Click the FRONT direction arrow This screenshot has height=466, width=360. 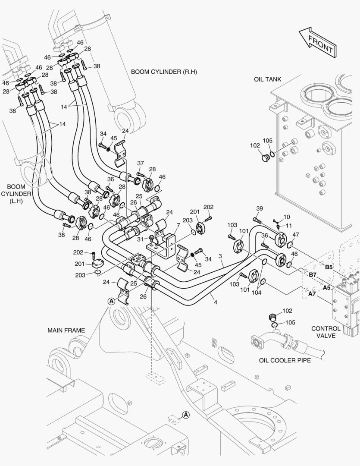pos(316,42)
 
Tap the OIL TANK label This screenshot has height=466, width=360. pos(267,79)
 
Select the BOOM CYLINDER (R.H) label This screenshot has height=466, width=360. pos(164,72)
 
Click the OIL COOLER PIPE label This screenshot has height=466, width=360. pos(285,360)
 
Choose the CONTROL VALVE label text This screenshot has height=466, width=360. pos(326,332)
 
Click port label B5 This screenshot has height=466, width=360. pos(329,267)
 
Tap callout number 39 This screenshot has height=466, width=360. pos(259,209)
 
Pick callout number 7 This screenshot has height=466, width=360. pos(178,226)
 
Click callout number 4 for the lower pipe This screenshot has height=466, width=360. pos(215,302)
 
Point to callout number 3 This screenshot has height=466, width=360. pos(220,256)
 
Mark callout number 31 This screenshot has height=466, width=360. pos(141,239)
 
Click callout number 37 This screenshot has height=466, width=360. pos(141,163)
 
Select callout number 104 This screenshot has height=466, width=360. pos(257,292)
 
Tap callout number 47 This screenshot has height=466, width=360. pos(296,234)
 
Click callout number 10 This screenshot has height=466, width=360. pos(287,217)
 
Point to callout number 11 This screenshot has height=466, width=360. pos(289,226)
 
